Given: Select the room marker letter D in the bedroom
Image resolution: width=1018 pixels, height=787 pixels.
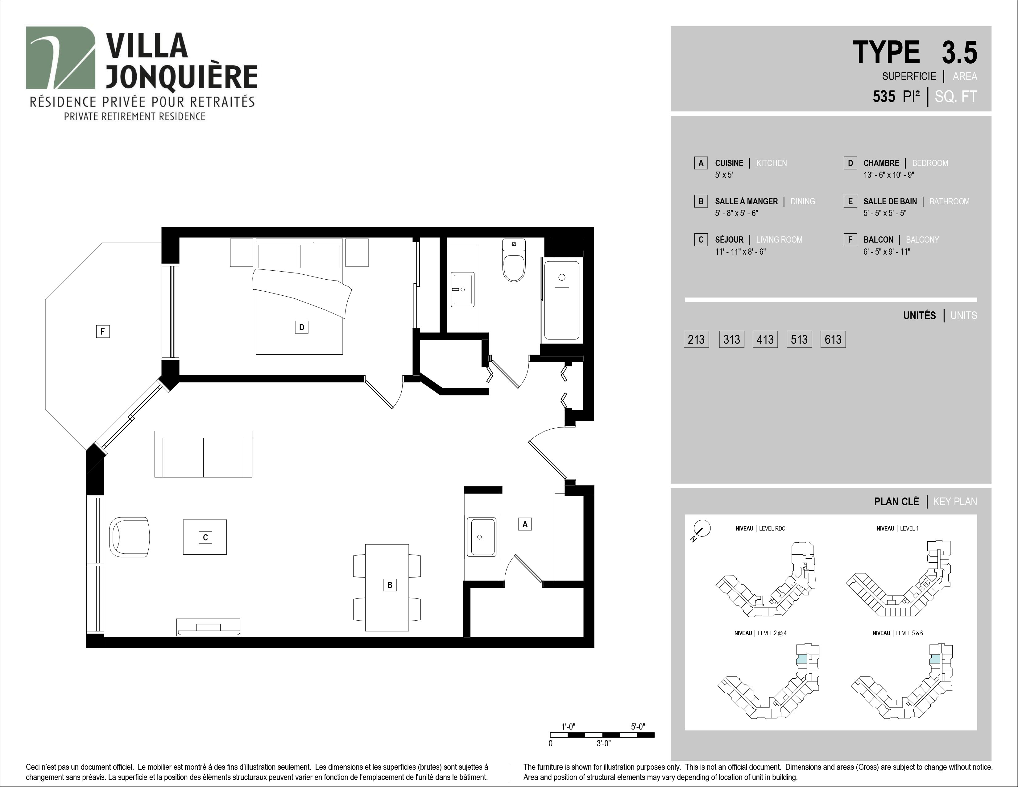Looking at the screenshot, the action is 302,327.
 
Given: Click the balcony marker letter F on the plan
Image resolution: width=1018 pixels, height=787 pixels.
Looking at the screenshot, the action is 102,331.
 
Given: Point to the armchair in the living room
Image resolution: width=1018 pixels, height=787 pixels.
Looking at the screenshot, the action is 130,537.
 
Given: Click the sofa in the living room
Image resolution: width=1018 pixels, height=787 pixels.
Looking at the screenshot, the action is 203,454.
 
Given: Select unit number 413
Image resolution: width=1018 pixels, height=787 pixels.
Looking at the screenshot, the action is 765,339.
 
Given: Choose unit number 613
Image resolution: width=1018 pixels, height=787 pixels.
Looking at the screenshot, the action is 833,339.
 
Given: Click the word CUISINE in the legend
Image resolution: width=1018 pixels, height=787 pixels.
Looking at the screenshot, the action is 729,163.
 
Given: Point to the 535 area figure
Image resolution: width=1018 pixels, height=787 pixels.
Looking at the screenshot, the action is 884,97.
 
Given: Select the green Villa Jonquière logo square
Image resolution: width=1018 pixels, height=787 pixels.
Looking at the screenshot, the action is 60,58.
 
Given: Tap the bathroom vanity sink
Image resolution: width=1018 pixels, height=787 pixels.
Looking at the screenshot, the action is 462,289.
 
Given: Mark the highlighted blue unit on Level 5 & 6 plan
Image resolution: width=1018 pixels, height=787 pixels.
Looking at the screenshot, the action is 935,660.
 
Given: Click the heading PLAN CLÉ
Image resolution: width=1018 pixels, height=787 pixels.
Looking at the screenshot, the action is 896,502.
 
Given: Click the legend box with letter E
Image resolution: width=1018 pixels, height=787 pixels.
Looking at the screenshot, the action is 850,202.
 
